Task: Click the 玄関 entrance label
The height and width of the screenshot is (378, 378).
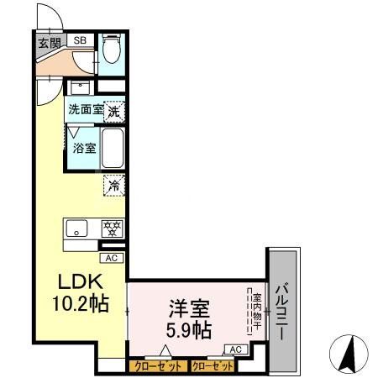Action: [x=48, y=42]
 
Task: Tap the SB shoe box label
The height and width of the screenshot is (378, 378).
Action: [x=81, y=39]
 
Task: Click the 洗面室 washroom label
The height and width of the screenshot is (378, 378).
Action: [x=86, y=108]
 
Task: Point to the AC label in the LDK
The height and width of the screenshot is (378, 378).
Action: [x=112, y=259]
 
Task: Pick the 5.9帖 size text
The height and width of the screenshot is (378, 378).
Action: [x=190, y=329]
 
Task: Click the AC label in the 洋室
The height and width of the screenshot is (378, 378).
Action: [x=235, y=349]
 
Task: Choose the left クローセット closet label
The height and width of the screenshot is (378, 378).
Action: [x=158, y=366]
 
